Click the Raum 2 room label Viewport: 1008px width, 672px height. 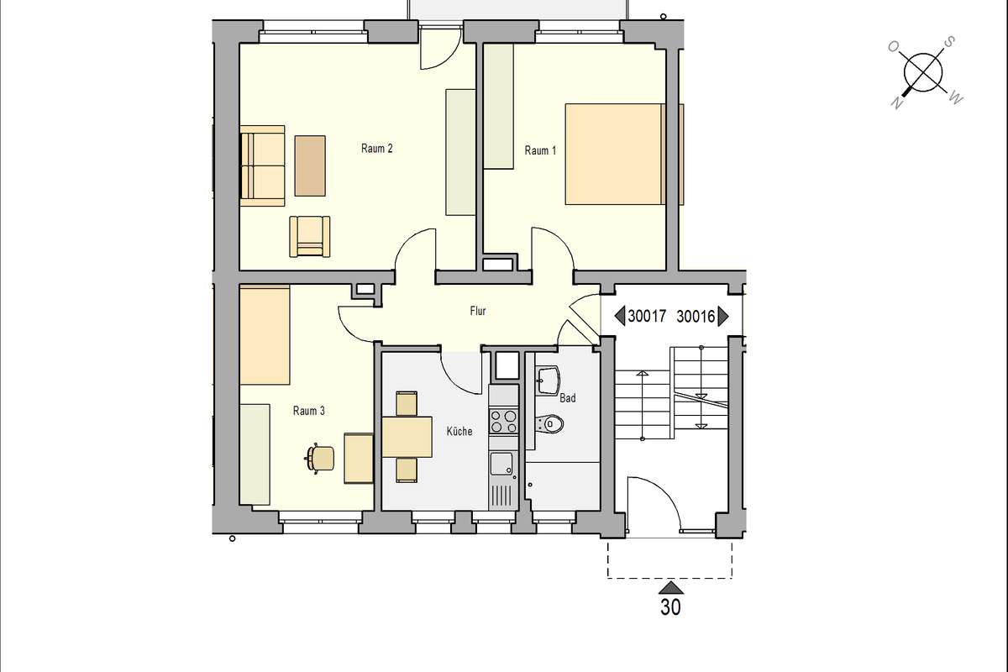[376, 149]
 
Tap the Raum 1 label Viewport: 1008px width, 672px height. [540, 151]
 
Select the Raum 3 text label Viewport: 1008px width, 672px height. [309, 411]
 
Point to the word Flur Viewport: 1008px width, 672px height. [478, 311]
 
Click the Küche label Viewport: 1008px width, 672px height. [459, 431]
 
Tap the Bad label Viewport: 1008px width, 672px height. [568, 398]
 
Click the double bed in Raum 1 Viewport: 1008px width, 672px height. [615, 155]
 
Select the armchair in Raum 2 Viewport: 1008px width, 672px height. [310, 237]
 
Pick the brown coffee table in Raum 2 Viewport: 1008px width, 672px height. [310, 165]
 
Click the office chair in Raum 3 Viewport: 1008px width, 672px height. [320, 459]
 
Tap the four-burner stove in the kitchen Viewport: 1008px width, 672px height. [503, 421]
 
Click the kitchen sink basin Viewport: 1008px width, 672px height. [501, 464]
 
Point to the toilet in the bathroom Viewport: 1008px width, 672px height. [550, 423]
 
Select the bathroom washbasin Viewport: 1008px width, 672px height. [547, 381]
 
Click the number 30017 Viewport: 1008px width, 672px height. [647, 317]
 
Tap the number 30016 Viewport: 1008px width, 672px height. [696, 317]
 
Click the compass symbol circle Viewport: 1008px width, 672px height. [923, 72]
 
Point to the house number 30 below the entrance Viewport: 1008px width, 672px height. [670, 607]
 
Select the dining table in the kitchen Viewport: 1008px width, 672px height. [407, 437]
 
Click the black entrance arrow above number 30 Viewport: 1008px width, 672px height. [671, 587]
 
